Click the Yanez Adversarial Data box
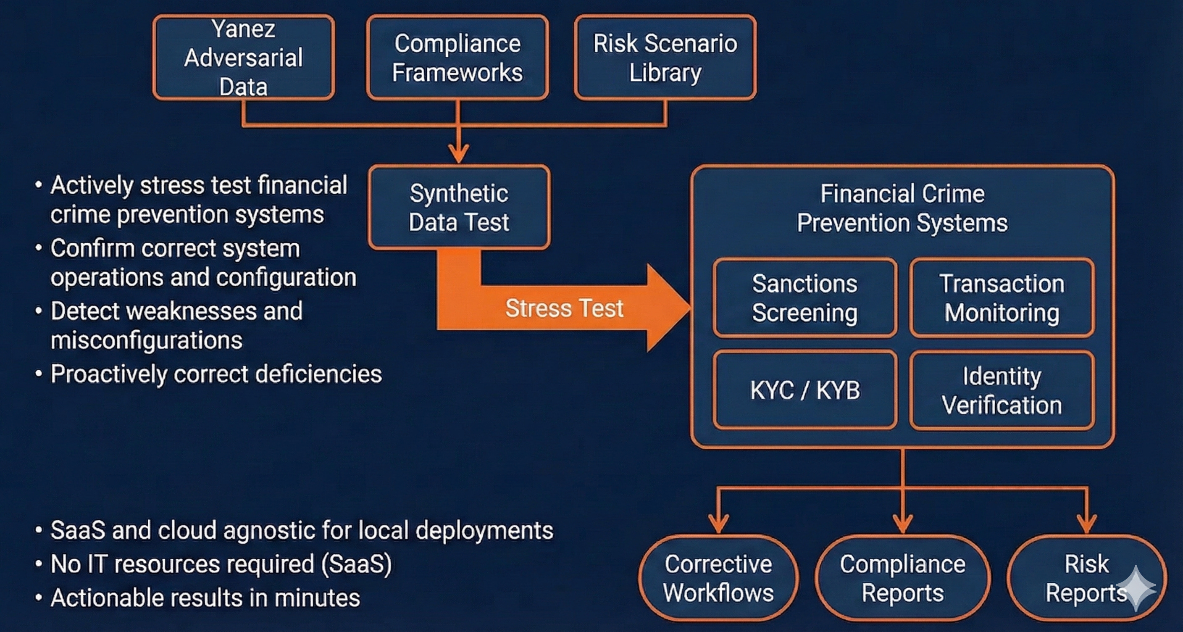point(243,58)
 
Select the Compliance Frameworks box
point(457,58)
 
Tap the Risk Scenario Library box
point(665,58)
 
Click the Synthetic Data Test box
point(459,208)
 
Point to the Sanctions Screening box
point(804,298)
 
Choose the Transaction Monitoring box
point(1002,298)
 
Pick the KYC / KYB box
point(804,390)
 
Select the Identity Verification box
point(1002,390)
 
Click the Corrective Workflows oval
point(718,578)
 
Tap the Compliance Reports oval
point(902,578)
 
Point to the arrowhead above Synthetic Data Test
point(458,153)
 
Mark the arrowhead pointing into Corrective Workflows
point(718,524)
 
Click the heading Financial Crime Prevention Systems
point(902,208)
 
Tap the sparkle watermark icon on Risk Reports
point(1136,588)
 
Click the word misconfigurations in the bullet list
point(147,340)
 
